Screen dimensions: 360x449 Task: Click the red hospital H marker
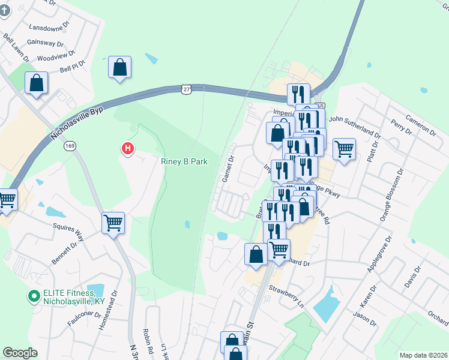click(x=127, y=148)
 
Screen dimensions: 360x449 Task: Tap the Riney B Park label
click(x=184, y=161)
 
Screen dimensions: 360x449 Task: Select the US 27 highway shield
click(x=187, y=89)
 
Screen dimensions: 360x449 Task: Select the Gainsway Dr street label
click(x=46, y=44)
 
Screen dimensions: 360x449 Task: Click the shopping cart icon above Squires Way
click(x=113, y=223)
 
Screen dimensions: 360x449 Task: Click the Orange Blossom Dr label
click(x=386, y=199)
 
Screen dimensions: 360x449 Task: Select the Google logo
click(x=20, y=352)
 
